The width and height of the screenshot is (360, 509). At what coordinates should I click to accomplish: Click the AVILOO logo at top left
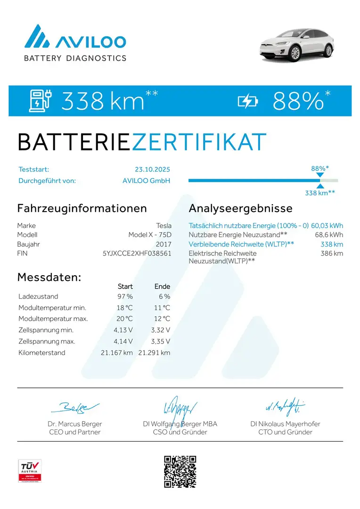coord(75,43)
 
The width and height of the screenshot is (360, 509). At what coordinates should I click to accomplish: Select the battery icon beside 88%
coord(248,100)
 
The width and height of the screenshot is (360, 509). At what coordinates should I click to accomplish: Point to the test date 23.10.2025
coord(152,169)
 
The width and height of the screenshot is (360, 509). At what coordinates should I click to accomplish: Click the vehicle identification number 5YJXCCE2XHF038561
coord(137,253)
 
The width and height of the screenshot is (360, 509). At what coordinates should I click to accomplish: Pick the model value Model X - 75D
coord(150,235)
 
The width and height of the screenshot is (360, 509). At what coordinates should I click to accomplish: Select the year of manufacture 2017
coord(164,244)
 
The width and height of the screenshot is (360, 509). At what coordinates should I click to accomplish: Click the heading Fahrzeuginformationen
coord(82,208)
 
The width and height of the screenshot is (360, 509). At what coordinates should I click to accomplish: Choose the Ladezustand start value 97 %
coord(125,296)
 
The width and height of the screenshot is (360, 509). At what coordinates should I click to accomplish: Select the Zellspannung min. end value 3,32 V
coord(161,330)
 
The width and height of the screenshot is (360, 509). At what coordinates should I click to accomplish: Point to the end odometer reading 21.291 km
coord(154,353)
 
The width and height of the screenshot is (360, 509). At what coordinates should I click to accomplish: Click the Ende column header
coord(162,286)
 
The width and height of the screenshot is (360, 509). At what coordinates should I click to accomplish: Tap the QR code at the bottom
coord(180,471)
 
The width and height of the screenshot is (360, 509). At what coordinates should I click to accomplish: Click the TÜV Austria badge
coord(30,471)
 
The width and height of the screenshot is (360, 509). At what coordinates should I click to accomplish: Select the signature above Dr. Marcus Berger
coord(75,407)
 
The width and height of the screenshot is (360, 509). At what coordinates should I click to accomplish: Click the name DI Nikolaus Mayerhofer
coord(285,424)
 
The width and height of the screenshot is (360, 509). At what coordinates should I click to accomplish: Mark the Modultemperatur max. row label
coord(53,319)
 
